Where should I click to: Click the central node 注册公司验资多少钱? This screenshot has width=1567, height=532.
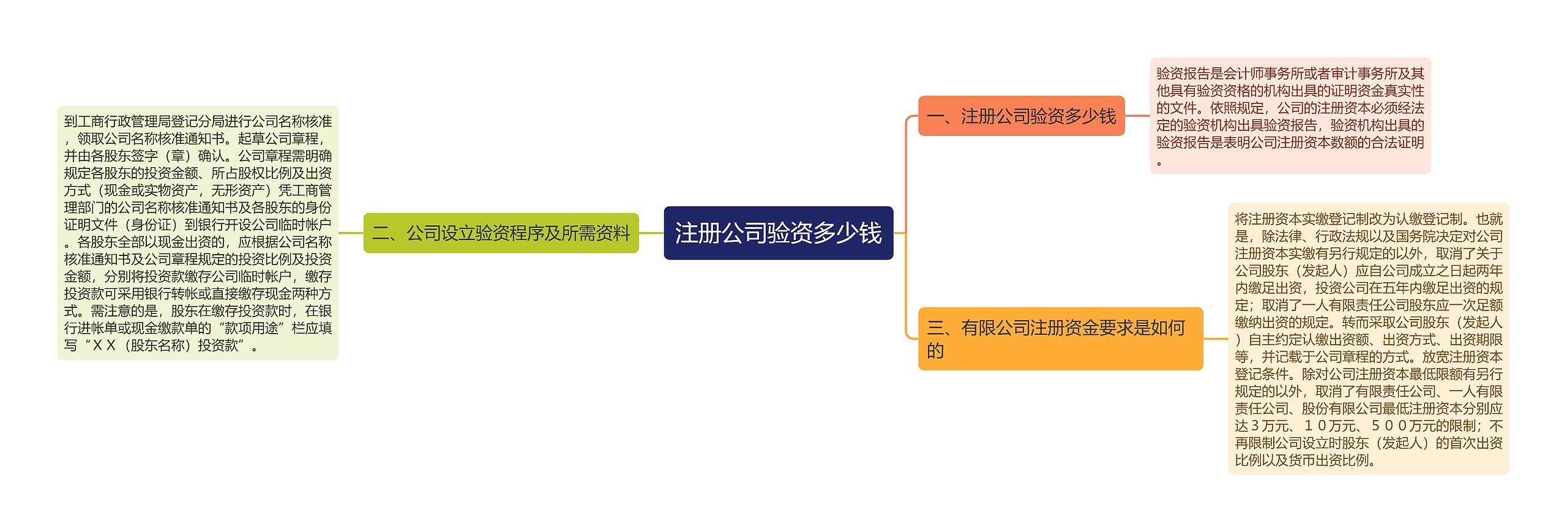point(778,233)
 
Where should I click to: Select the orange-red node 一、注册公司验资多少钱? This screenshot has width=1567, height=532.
point(1021,116)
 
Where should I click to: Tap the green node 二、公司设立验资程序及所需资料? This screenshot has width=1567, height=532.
point(501,233)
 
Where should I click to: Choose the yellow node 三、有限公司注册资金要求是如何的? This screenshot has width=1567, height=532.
point(1060,339)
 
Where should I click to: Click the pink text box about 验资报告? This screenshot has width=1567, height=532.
point(1290,116)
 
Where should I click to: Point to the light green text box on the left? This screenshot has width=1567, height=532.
point(198,233)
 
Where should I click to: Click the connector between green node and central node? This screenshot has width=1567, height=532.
point(651,233)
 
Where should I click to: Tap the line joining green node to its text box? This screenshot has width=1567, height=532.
point(351,233)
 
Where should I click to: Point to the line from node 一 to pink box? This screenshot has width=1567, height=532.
point(1137,116)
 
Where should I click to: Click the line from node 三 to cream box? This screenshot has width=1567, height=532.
point(1215,339)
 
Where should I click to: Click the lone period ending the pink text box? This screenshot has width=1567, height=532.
point(1159,163)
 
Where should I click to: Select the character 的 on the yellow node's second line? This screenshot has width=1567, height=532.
point(935,351)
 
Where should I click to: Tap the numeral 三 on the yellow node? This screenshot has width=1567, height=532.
point(935,328)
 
